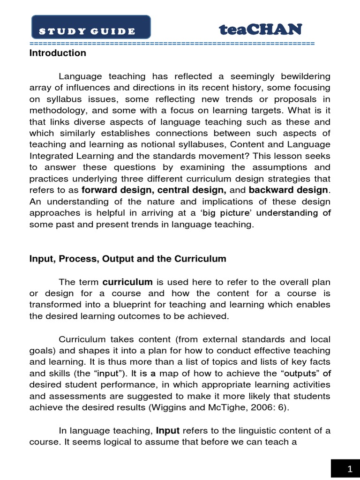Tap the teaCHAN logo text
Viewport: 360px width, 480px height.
[261, 30]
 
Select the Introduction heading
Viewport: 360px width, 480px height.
[58, 53]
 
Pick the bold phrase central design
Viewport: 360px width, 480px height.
[192, 190]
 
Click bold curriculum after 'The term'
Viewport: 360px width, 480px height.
[127, 282]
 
